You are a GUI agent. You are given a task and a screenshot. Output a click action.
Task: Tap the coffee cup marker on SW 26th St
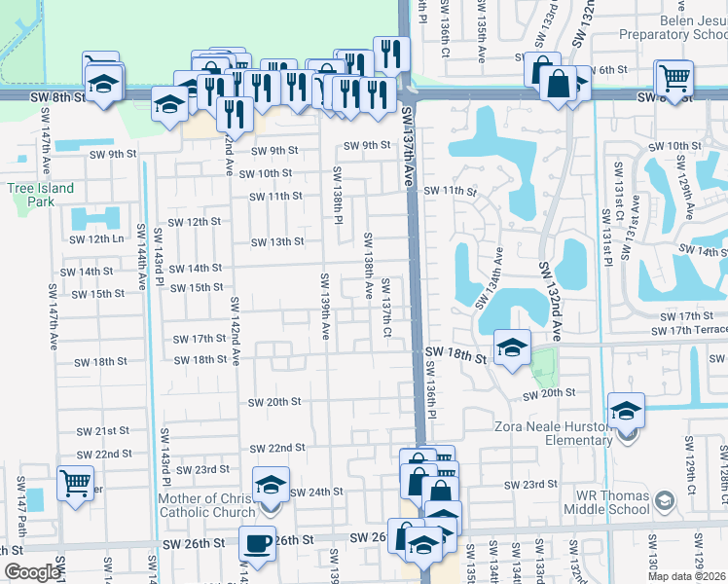coord(258,542)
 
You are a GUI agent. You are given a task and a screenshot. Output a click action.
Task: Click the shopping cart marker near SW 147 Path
coord(75,482)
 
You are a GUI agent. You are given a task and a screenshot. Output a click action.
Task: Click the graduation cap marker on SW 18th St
coord(512,346)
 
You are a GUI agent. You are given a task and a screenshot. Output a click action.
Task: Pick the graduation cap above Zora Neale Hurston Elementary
coord(627,409)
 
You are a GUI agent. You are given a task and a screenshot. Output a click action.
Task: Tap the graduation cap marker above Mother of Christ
coord(272,483)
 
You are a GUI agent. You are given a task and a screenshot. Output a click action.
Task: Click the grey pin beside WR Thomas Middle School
coord(665,501)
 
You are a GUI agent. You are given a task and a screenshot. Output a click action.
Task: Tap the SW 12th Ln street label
coord(96,239)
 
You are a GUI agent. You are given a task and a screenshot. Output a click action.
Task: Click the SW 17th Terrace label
coord(688,331)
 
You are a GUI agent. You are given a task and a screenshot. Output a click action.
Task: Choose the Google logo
coord(32,572)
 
